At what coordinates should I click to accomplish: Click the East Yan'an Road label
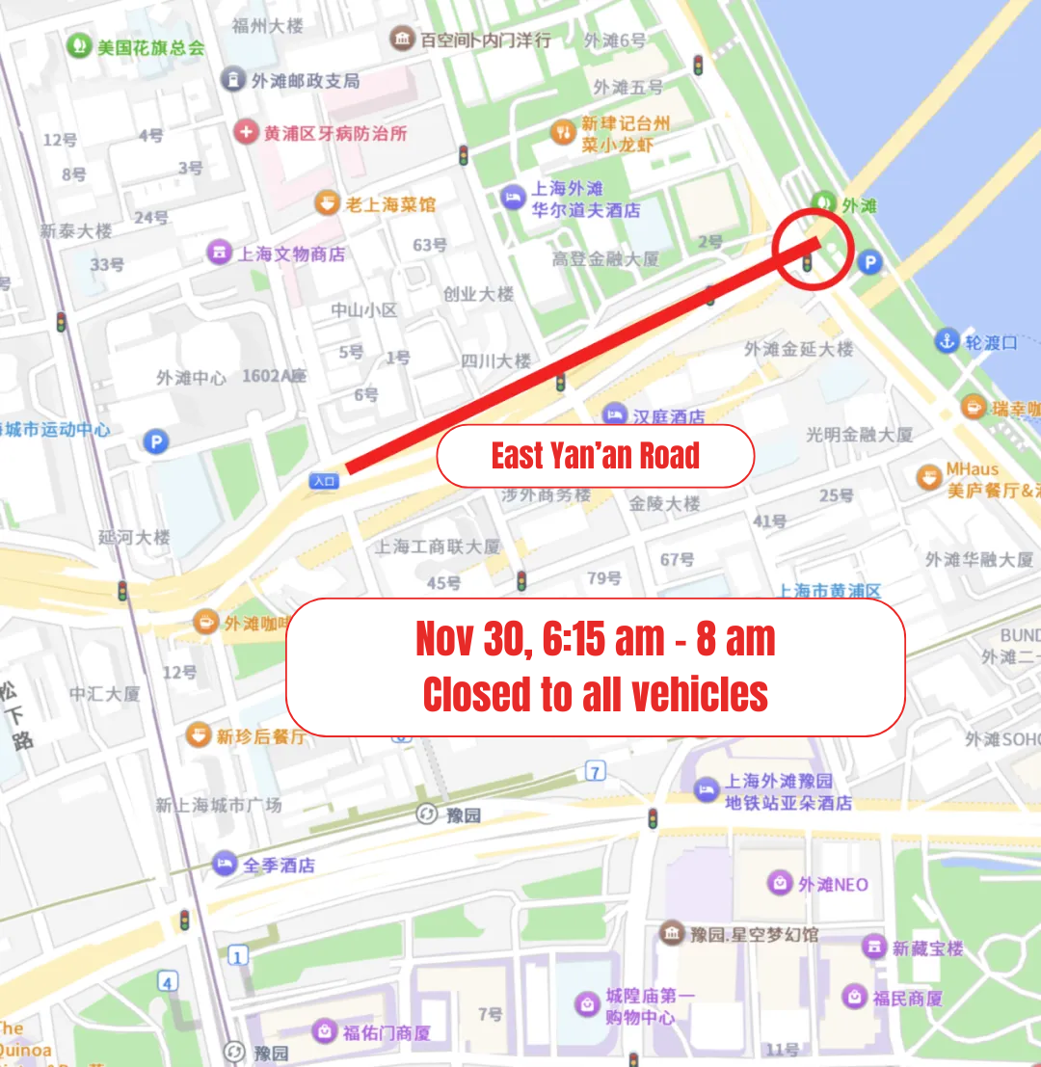pos(595,456)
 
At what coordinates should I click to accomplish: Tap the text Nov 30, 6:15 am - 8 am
pos(595,638)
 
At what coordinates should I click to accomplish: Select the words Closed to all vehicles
pos(595,694)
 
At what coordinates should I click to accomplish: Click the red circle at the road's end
pos(813,249)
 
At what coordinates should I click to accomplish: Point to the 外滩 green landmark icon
pos(822,203)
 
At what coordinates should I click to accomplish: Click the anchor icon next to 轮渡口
pos(947,341)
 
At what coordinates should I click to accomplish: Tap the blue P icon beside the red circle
pos(869,262)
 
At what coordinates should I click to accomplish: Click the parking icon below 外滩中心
pos(154,441)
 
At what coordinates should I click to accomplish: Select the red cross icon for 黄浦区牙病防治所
pos(247,132)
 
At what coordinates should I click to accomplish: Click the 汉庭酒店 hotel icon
pos(614,416)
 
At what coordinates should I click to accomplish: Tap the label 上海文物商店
pos(291,253)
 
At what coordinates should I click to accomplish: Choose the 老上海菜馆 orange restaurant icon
pos(329,203)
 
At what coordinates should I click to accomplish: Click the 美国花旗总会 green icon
pos(79,45)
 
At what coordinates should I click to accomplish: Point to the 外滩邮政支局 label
pos(305,81)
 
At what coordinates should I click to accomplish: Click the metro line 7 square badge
pos(596,771)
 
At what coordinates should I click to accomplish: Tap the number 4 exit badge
pos(169,982)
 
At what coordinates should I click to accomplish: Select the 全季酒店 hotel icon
pos(225,864)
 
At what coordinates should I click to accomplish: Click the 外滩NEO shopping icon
pos(779,883)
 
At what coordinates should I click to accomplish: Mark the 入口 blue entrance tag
pos(324,480)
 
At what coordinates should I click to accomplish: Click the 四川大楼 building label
pos(495,360)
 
